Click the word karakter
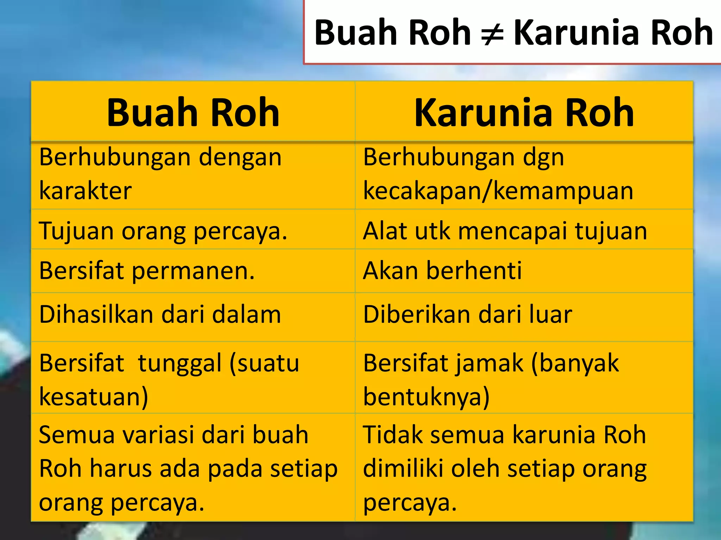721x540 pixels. [x=85, y=191]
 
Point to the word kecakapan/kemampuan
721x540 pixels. [x=498, y=191]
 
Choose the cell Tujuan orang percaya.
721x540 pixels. [x=163, y=231]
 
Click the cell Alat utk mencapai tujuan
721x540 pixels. [x=505, y=231]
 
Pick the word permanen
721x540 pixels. [x=193, y=271]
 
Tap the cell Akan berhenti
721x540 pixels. [x=442, y=271]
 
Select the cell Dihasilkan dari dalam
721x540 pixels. [x=160, y=314]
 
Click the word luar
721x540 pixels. [x=551, y=314]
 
